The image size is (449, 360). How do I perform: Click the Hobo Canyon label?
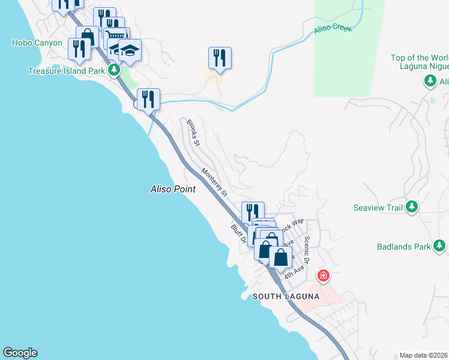(x=37, y=43)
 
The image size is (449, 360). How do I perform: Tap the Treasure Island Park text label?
(x=67, y=71)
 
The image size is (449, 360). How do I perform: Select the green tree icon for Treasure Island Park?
(x=114, y=70)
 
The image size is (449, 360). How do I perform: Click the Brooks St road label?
(x=192, y=132)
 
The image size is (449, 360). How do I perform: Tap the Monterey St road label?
(x=215, y=182)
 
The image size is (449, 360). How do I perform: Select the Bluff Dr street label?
(x=239, y=235)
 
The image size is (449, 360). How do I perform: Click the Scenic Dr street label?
(x=307, y=249)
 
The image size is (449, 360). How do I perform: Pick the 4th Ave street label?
(x=292, y=272)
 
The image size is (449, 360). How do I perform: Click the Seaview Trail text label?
(x=378, y=208)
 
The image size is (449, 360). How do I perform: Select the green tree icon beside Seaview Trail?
(x=411, y=208)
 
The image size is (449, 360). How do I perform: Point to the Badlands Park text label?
(x=404, y=246)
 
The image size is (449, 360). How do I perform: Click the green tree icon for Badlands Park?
(x=440, y=245)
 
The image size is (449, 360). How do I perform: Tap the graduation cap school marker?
(x=130, y=50)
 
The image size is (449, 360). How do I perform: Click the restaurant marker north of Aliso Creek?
(x=220, y=58)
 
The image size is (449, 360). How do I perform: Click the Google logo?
(x=20, y=353)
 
